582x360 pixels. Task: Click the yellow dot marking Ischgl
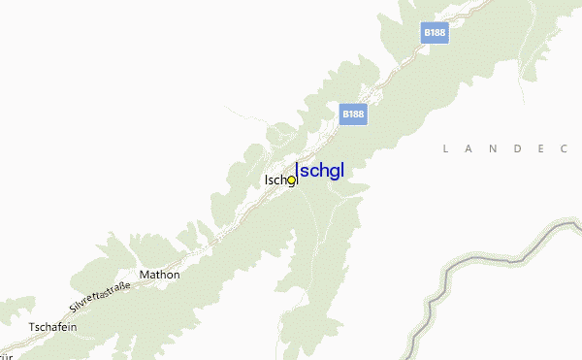pos(291,180)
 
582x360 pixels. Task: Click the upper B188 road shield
pos(435,33)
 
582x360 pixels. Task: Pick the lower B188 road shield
pos(354,114)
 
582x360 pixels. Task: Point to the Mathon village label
pos(160,275)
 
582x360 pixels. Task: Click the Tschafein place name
pos(53,326)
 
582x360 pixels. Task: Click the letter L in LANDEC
pos(445,148)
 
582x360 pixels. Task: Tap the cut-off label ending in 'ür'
pos(5,355)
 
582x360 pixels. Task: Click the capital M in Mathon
pos(145,275)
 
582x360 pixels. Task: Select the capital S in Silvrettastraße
pos(73,308)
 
